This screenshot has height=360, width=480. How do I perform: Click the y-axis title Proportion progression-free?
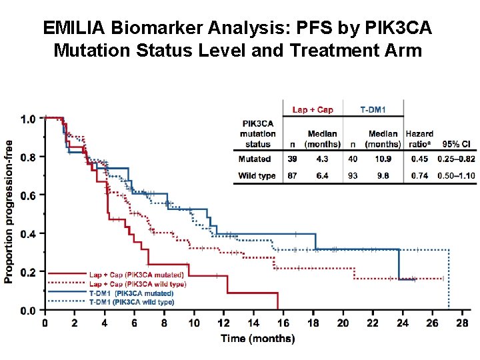click(9, 211)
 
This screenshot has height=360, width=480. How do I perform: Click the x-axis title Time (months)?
click(257, 339)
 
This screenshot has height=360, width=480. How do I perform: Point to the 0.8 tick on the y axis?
click(28, 157)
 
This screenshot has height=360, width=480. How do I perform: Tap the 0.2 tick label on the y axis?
click(28, 273)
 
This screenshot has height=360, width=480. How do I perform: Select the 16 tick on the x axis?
click(283, 323)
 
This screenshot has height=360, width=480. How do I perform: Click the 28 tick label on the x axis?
click(462, 323)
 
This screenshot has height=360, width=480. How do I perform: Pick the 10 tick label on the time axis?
click(194, 323)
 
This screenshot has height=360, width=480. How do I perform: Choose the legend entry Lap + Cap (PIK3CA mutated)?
click(136, 274)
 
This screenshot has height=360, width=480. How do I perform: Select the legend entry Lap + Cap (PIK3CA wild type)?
click(137, 283)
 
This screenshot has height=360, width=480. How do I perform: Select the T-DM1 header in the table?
click(372, 109)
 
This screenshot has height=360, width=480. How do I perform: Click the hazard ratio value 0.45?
click(419, 159)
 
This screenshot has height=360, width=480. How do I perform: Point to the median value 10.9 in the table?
click(381, 159)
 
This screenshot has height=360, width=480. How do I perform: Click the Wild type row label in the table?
click(257, 175)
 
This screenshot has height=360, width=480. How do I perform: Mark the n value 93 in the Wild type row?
click(352, 175)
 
